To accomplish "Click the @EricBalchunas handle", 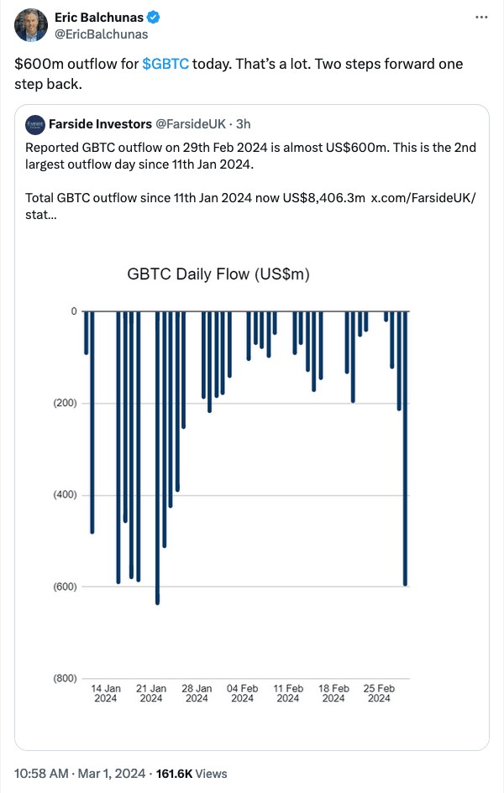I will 101,34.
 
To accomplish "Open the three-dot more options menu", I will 480,18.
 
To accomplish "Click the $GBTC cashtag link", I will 165,64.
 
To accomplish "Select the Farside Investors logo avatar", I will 35,124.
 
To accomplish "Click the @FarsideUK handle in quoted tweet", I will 192,124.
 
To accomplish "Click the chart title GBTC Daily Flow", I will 218,274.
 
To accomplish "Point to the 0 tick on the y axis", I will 73,311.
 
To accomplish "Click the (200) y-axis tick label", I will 64,403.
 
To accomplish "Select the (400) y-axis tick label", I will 64,494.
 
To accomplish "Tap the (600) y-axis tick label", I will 64,586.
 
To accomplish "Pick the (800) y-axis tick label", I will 64,678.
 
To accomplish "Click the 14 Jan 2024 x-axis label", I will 106,693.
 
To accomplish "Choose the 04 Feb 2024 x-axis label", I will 243,693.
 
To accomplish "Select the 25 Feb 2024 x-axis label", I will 379,693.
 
